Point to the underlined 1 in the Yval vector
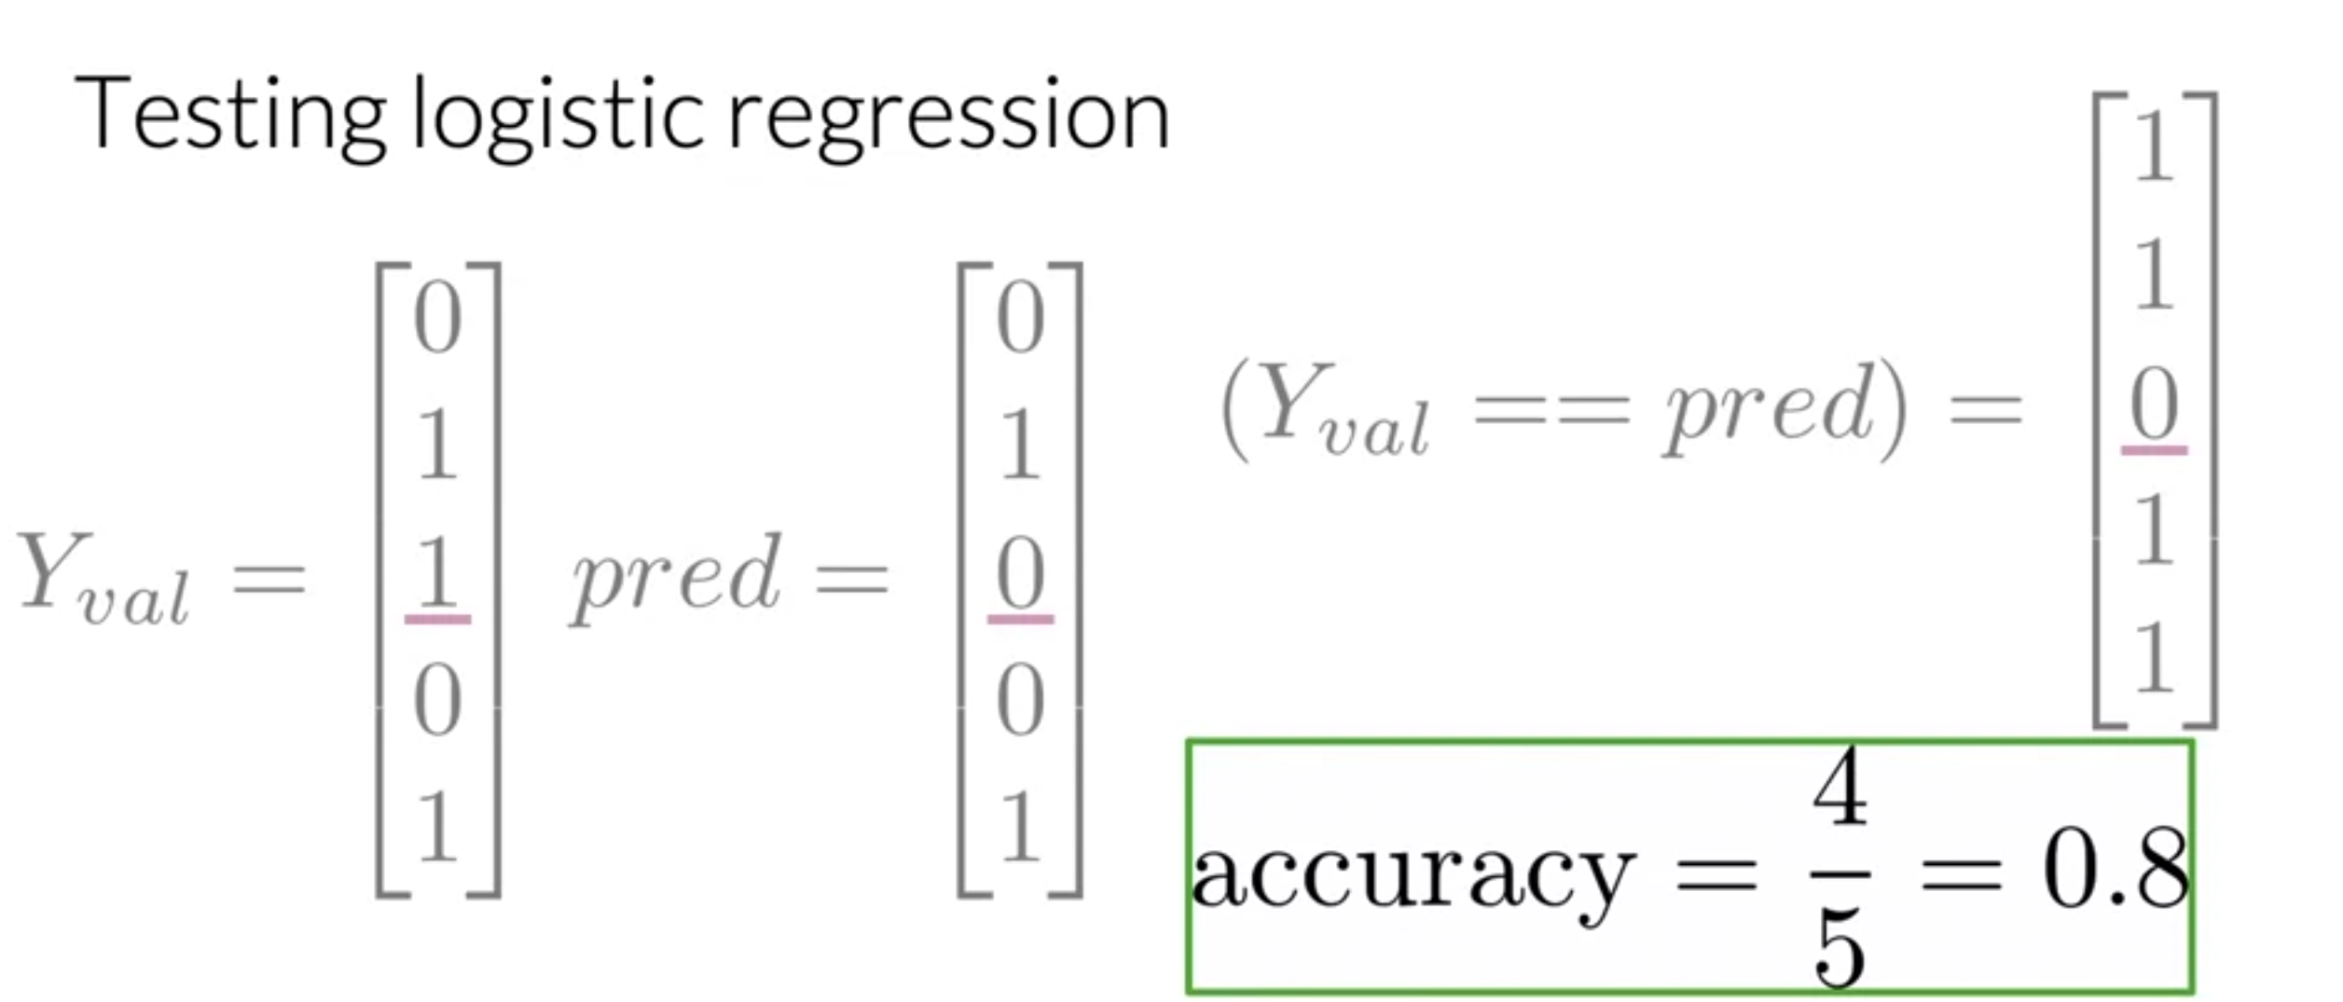(x=437, y=573)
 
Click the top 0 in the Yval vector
(x=437, y=318)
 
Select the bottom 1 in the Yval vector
(x=437, y=826)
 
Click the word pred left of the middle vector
(x=676, y=577)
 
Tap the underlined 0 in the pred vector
(x=1020, y=573)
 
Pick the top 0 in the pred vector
(x=1020, y=318)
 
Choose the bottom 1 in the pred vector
(x=1020, y=826)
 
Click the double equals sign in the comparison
(x=1551, y=410)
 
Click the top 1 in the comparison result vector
(x=2154, y=146)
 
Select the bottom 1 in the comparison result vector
(x=2154, y=659)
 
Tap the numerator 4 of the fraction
(x=1840, y=789)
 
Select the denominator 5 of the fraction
(x=1840, y=951)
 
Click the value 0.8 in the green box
(x=2115, y=871)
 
